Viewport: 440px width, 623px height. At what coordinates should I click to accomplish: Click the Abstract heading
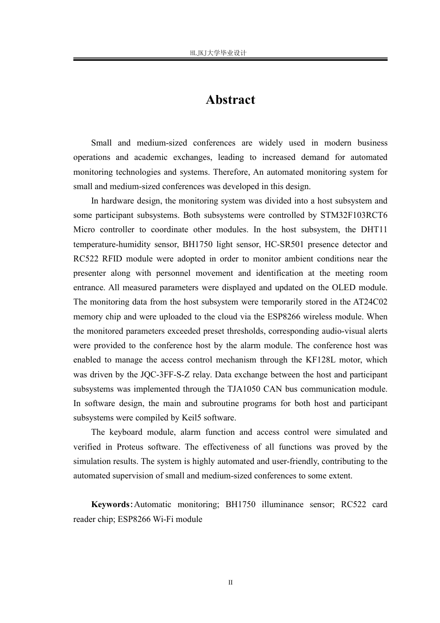click(230, 100)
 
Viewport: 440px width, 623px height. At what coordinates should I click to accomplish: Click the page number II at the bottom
click(230, 582)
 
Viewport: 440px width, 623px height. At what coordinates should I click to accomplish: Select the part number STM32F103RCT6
click(354, 215)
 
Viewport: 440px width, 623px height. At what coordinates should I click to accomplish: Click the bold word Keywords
click(111, 504)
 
